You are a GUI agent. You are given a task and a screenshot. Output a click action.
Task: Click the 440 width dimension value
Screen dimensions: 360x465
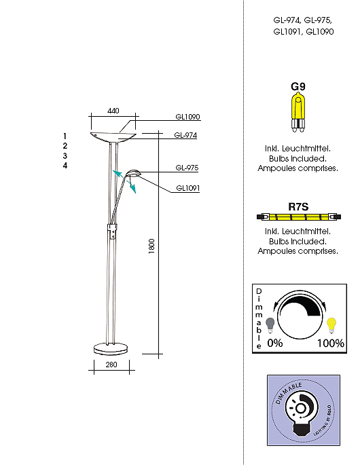[x=113, y=111]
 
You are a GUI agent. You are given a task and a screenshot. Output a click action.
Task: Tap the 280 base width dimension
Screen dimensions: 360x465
[x=111, y=365]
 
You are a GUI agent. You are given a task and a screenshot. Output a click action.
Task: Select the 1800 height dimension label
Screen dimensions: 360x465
[x=151, y=246]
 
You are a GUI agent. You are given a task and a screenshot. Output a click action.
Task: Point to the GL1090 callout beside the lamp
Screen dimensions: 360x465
[x=188, y=117]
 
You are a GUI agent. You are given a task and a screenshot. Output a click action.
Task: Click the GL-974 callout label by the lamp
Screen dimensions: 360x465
[x=185, y=135]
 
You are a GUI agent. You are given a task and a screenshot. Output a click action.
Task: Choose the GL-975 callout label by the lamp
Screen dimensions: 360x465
[x=187, y=168]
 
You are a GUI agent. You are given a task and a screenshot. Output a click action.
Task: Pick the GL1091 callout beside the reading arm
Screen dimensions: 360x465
[x=188, y=188]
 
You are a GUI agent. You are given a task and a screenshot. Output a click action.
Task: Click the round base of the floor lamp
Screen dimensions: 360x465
[x=111, y=349]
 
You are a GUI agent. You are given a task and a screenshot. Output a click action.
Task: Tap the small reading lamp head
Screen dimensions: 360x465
[x=132, y=174]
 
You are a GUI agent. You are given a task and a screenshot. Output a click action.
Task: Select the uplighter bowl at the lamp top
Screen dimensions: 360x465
[x=113, y=137]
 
